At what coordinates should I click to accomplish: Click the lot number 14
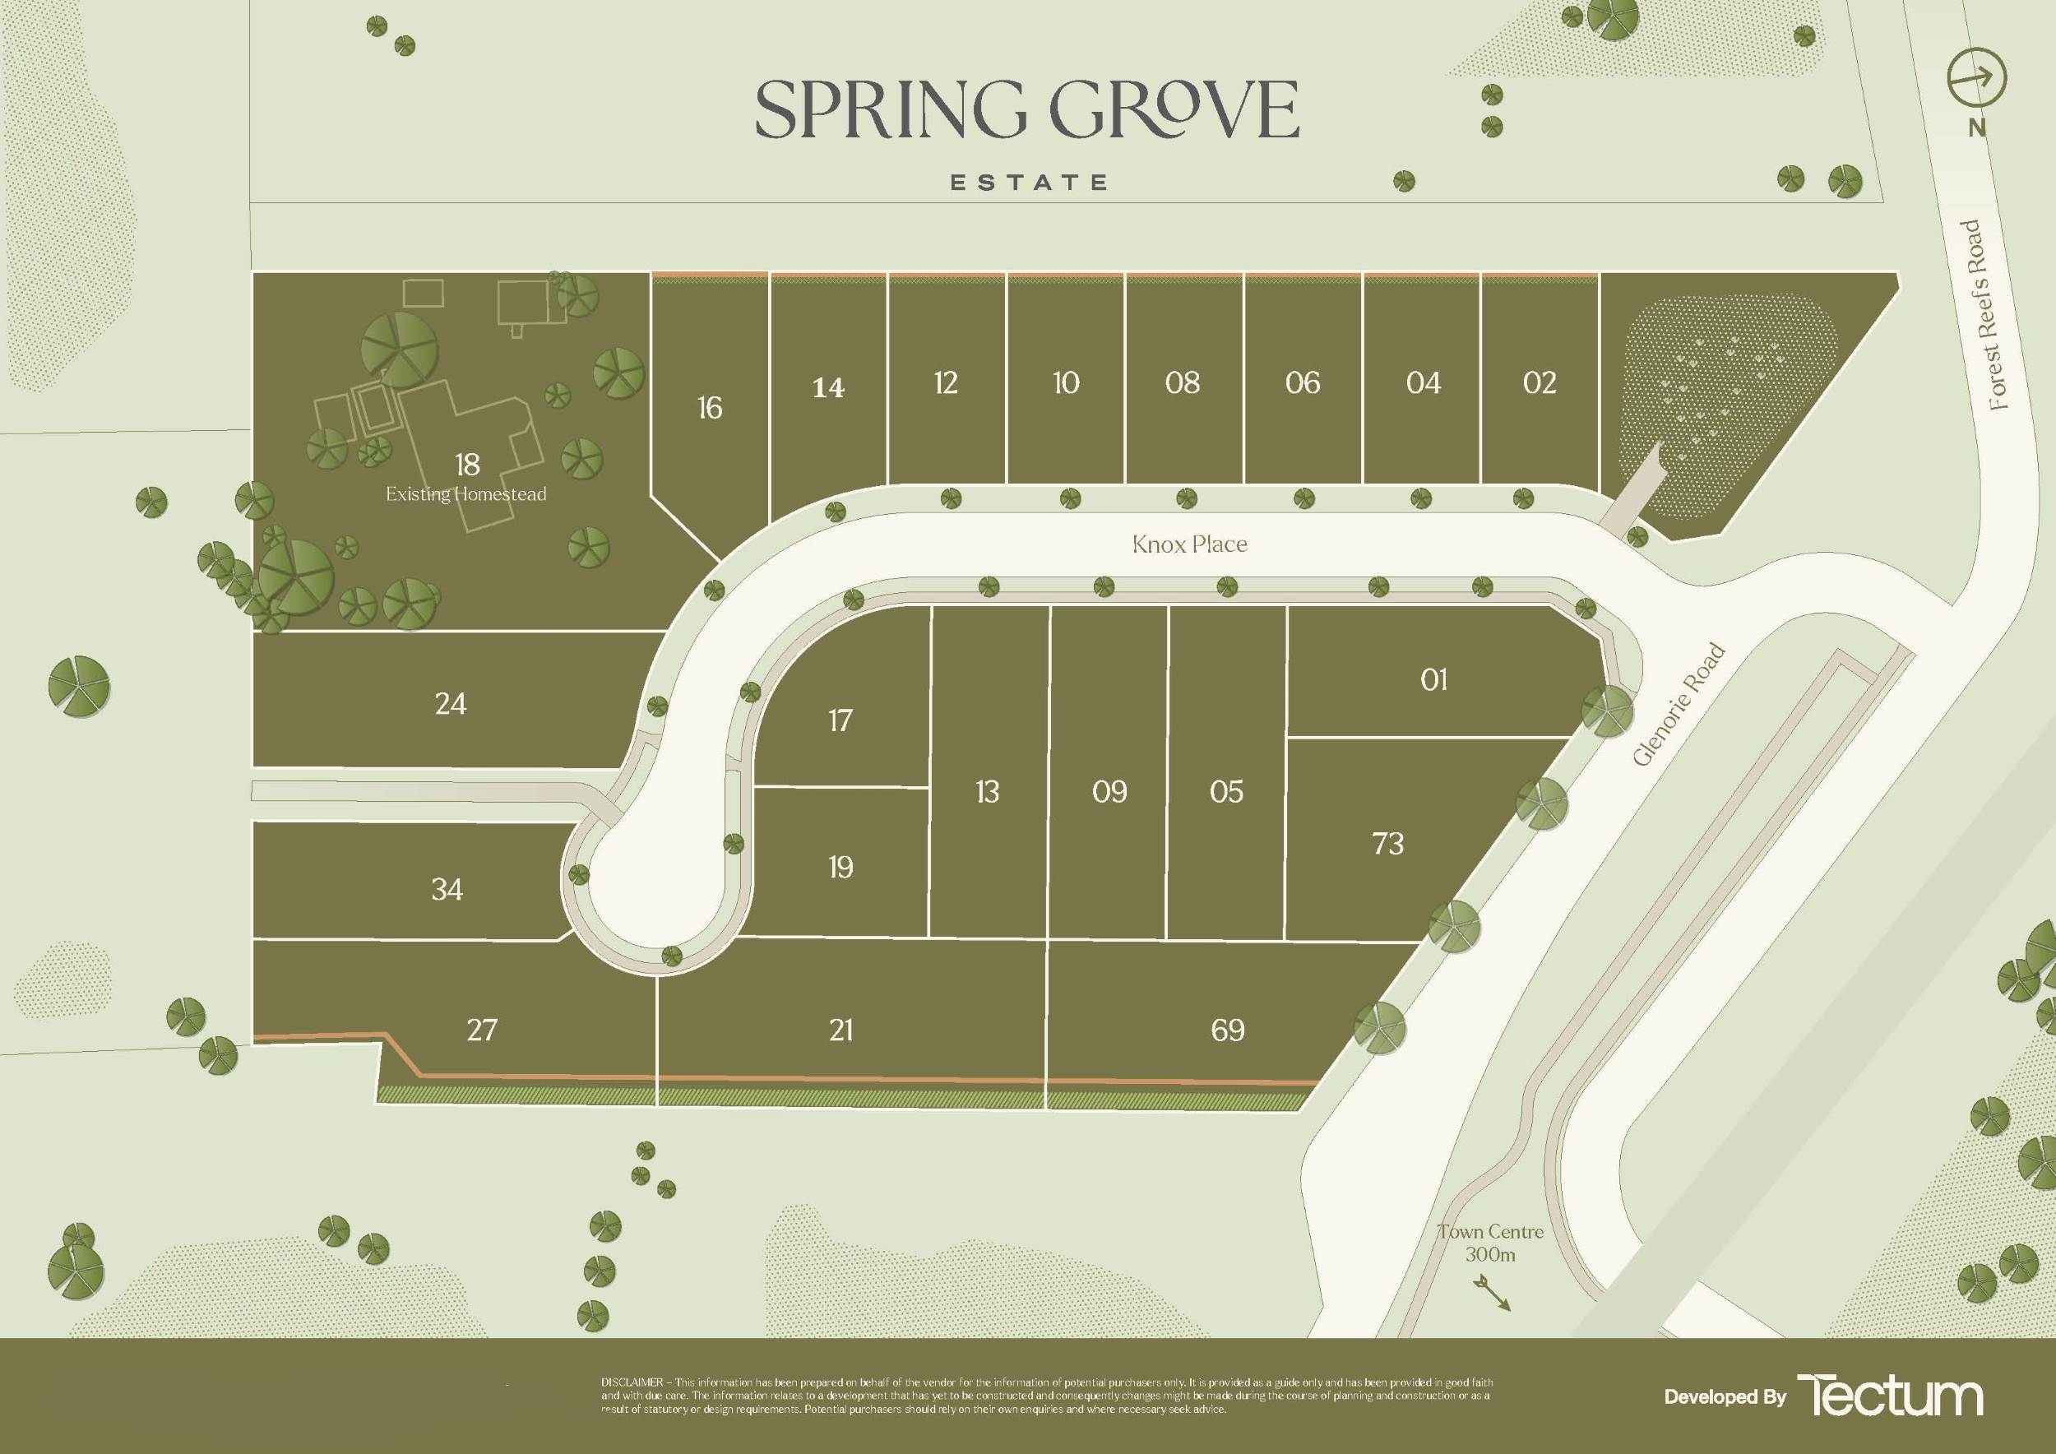click(x=828, y=387)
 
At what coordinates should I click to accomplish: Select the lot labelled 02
click(x=1540, y=383)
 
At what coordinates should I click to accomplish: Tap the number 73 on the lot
click(x=1388, y=844)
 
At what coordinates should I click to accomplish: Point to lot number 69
click(x=1228, y=1030)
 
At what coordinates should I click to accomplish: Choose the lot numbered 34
click(x=447, y=889)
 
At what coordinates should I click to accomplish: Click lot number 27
click(x=482, y=1030)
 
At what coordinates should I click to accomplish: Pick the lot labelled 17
click(x=840, y=720)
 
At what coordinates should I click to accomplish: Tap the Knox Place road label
click(x=1189, y=544)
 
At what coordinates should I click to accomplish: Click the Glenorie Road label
click(x=1679, y=705)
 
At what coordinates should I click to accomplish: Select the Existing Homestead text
click(x=465, y=494)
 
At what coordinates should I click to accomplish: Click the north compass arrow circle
click(x=1977, y=78)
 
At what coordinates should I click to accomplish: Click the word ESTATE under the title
click(x=1029, y=183)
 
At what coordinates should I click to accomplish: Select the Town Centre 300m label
click(x=1490, y=1243)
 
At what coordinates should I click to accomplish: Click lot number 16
click(x=710, y=408)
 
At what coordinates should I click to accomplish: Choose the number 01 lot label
click(x=1433, y=680)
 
